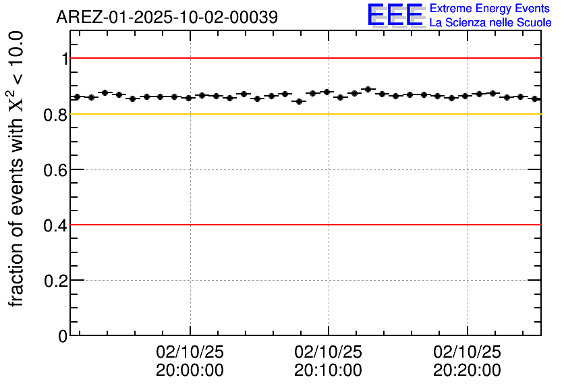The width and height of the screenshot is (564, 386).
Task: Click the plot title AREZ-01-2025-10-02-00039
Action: tap(167, 18)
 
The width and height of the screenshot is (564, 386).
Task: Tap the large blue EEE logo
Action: tap(395, 15)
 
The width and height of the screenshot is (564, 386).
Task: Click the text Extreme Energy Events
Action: tap(490, 9)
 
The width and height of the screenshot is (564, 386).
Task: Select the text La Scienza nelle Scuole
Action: tap(490, 23)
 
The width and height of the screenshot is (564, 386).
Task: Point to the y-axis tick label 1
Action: tap(65, 59)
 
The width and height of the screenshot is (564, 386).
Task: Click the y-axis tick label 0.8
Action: tap(57, 114)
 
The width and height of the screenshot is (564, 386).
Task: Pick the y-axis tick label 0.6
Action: tap(57, 169)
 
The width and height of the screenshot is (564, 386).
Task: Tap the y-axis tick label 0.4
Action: tap(57, 225)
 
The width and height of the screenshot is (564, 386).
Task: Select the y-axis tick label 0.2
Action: tap(57, 280)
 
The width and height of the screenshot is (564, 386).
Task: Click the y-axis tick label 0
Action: tap(63, 335)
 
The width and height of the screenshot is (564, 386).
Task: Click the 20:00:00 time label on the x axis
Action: tap(190, 370)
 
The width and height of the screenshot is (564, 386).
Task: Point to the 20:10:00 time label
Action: tap(329, 370)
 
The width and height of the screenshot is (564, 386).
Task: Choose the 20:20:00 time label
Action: tap(467, 370)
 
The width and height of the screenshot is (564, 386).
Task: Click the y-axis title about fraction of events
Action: tap(18, 169)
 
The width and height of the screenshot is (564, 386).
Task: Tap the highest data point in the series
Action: tap(368, 89)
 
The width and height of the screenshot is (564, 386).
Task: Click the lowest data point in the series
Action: tap(299, 101)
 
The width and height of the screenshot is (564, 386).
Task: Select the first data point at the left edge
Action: tap(77, 97)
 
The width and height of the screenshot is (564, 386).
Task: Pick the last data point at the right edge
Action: tap(535, 99)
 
